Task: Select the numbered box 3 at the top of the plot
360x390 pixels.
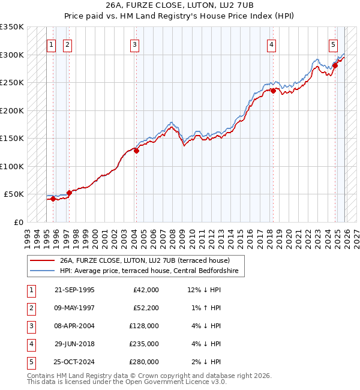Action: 135,44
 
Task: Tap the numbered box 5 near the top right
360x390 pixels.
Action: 333,44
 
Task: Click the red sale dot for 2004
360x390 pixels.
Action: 136,151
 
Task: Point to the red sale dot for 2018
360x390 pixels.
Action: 272,91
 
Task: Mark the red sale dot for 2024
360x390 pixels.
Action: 335,66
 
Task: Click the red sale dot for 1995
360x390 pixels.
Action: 53,199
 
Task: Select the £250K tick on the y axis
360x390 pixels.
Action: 12,83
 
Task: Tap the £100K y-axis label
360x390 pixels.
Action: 12,166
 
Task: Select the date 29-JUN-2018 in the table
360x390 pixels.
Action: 74,343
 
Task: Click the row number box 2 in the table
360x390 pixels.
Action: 30,307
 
